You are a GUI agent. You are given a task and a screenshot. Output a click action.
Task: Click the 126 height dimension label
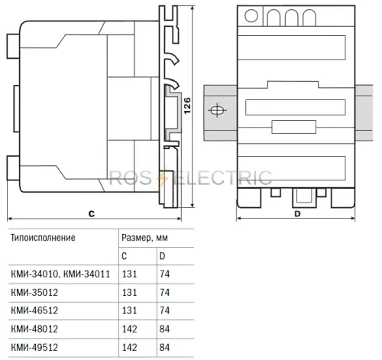click(x=187, y=105)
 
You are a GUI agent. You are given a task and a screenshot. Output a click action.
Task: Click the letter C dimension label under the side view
click(x=92, y=213)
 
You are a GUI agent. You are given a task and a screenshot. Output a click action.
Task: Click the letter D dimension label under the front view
click(x=297, y=214)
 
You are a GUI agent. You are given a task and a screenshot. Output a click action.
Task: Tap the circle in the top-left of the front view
click(x=251, y=15)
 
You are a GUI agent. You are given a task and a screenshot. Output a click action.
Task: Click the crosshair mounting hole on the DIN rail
click(x=217, y=110)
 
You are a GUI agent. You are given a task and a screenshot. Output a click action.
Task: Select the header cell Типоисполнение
click(x=43, y=238)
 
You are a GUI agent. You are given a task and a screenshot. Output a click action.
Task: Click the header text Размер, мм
click(x=144, y=238)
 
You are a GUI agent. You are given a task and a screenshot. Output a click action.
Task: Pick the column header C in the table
click(x=125, y=256)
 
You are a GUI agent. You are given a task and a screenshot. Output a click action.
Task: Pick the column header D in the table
click(x=162, y=256)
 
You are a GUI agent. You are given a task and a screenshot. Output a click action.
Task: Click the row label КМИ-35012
click(x=34, y=292)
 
